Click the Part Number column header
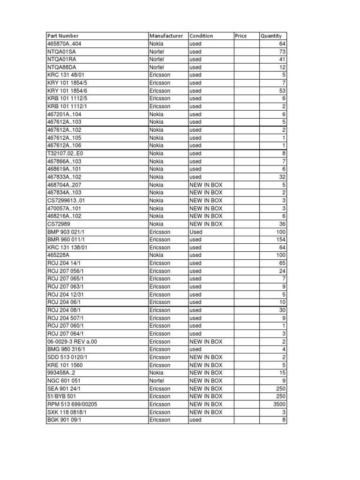click(x=63, y=36)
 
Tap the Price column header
click(x=240, y=36)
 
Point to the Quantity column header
click(x=271, y=36)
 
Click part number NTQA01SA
click(x=61, y=52)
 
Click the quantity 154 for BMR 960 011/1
click(x=280, y=240)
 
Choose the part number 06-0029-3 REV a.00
click(x=71, y=342)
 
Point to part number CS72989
click(x=59, y=224)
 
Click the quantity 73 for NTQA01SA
click(x=282, y=52)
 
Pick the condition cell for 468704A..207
click(x=206, y=185)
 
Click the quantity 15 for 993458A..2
click(x=282, y=373)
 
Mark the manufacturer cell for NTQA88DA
click(x=156, y=67)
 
